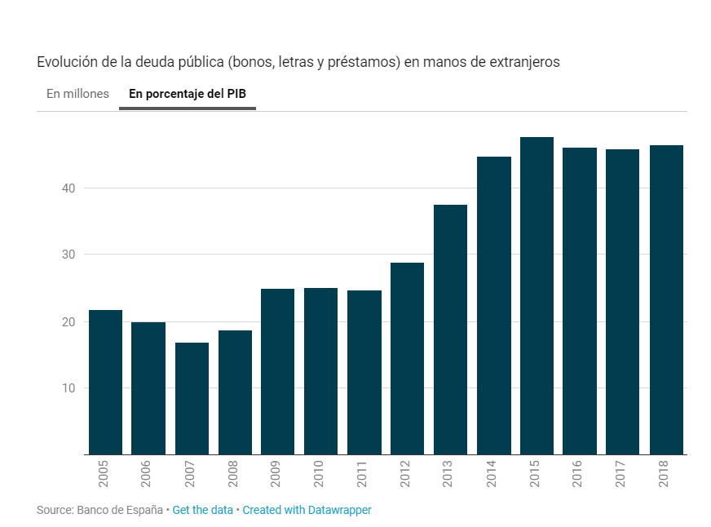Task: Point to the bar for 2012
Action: click(407, 358)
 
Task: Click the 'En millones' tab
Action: click(77, 94)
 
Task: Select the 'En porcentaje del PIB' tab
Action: click(188, 94)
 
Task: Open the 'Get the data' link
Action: click(204, 510)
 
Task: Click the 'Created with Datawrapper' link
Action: click(307, 510)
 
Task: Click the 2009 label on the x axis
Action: click(277, 474)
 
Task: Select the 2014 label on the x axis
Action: click(493, 474)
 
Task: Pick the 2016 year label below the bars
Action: click(580, 474)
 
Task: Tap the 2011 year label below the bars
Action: click(364, 474)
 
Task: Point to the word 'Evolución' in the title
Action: click(64, 62)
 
